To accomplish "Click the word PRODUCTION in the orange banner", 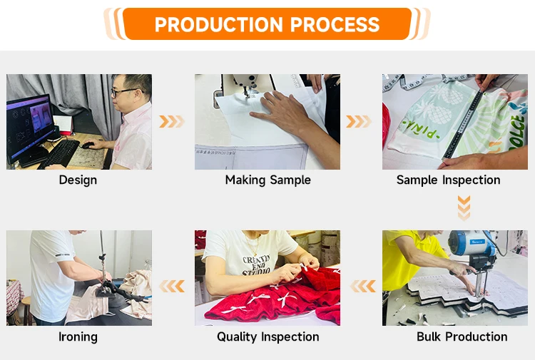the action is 219,24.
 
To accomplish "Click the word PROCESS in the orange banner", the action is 335,24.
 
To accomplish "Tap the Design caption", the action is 78,180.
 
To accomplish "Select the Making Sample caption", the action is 267,180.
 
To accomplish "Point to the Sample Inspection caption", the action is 449,180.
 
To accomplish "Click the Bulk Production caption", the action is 462,336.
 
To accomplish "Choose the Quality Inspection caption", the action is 267,336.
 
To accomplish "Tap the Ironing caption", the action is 78,336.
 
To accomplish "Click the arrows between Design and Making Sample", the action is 172,121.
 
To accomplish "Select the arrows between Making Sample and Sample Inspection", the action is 359,121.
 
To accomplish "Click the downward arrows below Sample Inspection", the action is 464,207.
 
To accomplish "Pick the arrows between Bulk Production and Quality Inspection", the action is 363,286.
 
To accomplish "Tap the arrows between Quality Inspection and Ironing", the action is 172,286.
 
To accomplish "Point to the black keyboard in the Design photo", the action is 59,154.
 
